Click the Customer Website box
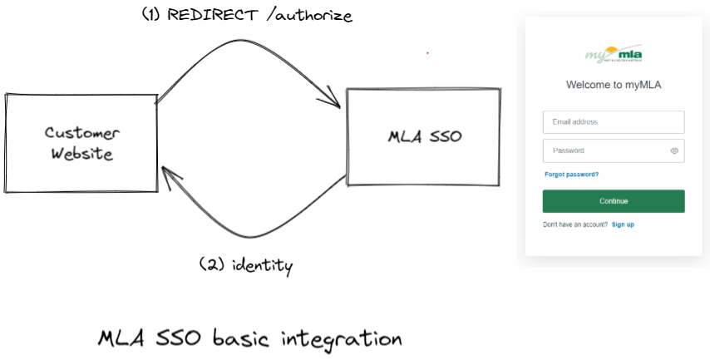coord(81,142)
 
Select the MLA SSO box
coord(424,136)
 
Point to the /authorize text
coord(306,16)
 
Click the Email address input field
coord(613,122)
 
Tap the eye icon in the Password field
coord(674,151)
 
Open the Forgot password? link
coord(571,175)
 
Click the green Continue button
coord(614,201)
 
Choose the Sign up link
coord(623,224)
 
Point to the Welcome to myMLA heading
coord(614,85)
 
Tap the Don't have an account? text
coord(575,224)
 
